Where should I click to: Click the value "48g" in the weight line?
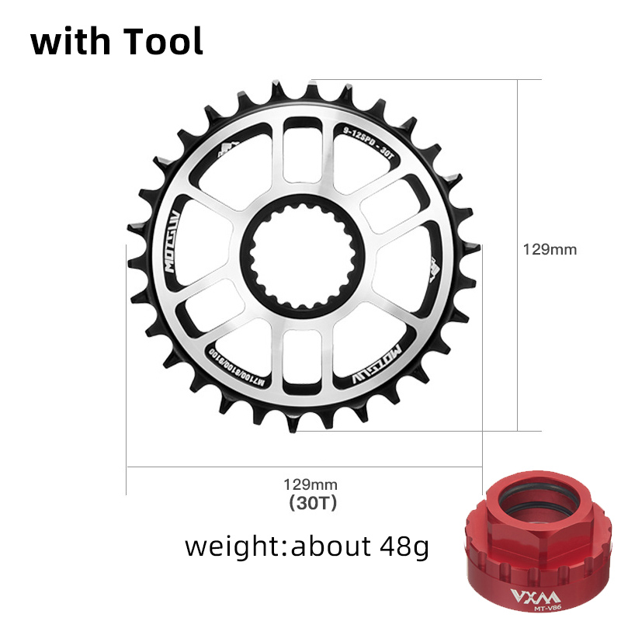click(x=401, y=546)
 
